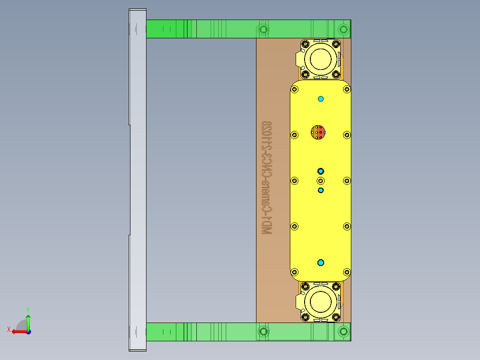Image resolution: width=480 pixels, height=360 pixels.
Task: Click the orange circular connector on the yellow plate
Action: pyautogui.click(x=318, y=132)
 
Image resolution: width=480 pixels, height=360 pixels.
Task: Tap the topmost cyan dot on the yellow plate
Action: pyautogui.click(x=321, y=98)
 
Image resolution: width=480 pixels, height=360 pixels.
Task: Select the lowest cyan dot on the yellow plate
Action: pyautogui.click(x=321, y=262)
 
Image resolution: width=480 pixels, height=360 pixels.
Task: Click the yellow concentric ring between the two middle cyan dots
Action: pyautogui.click(x=321, y=180)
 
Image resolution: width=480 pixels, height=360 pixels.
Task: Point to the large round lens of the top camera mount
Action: pyautogui.click(x=320, y=58)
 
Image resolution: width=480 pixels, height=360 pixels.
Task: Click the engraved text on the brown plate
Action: pyautogui.click(x=267, y=178)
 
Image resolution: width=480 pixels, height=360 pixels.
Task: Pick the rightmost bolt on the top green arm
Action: pyautogui.click(x=343, y=29)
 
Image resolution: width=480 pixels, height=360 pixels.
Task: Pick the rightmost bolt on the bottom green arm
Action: pyautogui.click(x=343, y=331)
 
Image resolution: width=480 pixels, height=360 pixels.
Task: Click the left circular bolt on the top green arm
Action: pyautogui.click(x=264, y=29)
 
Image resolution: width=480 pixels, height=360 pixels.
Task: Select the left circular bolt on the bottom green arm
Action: pyautogui.click(x=264, y=331)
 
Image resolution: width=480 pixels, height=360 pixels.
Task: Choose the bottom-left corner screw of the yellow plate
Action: pyautogui.click(x=294, y=271)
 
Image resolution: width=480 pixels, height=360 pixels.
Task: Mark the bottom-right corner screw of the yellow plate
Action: pyautogui.click(x=346, y=271)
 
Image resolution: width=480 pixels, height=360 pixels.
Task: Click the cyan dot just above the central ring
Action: pyautogui.click(x=321, y=171)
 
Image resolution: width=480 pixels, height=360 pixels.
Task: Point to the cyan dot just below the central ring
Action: pyautogui.click(x=321, y=190)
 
